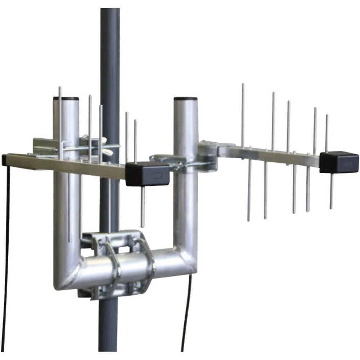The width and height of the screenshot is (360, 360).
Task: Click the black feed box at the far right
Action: (x=339, y=162)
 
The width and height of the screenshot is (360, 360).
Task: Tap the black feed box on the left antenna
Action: (x=147, y=174)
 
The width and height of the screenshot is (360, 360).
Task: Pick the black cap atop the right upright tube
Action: (x=185, y=98)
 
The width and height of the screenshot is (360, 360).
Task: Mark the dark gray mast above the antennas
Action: (x=110, y=47)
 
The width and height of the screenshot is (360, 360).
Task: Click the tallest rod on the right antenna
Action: (x=243, y=115)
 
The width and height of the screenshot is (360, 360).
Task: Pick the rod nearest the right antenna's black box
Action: (x=327, y=133)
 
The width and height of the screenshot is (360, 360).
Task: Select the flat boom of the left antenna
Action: (x=65, y=164)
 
